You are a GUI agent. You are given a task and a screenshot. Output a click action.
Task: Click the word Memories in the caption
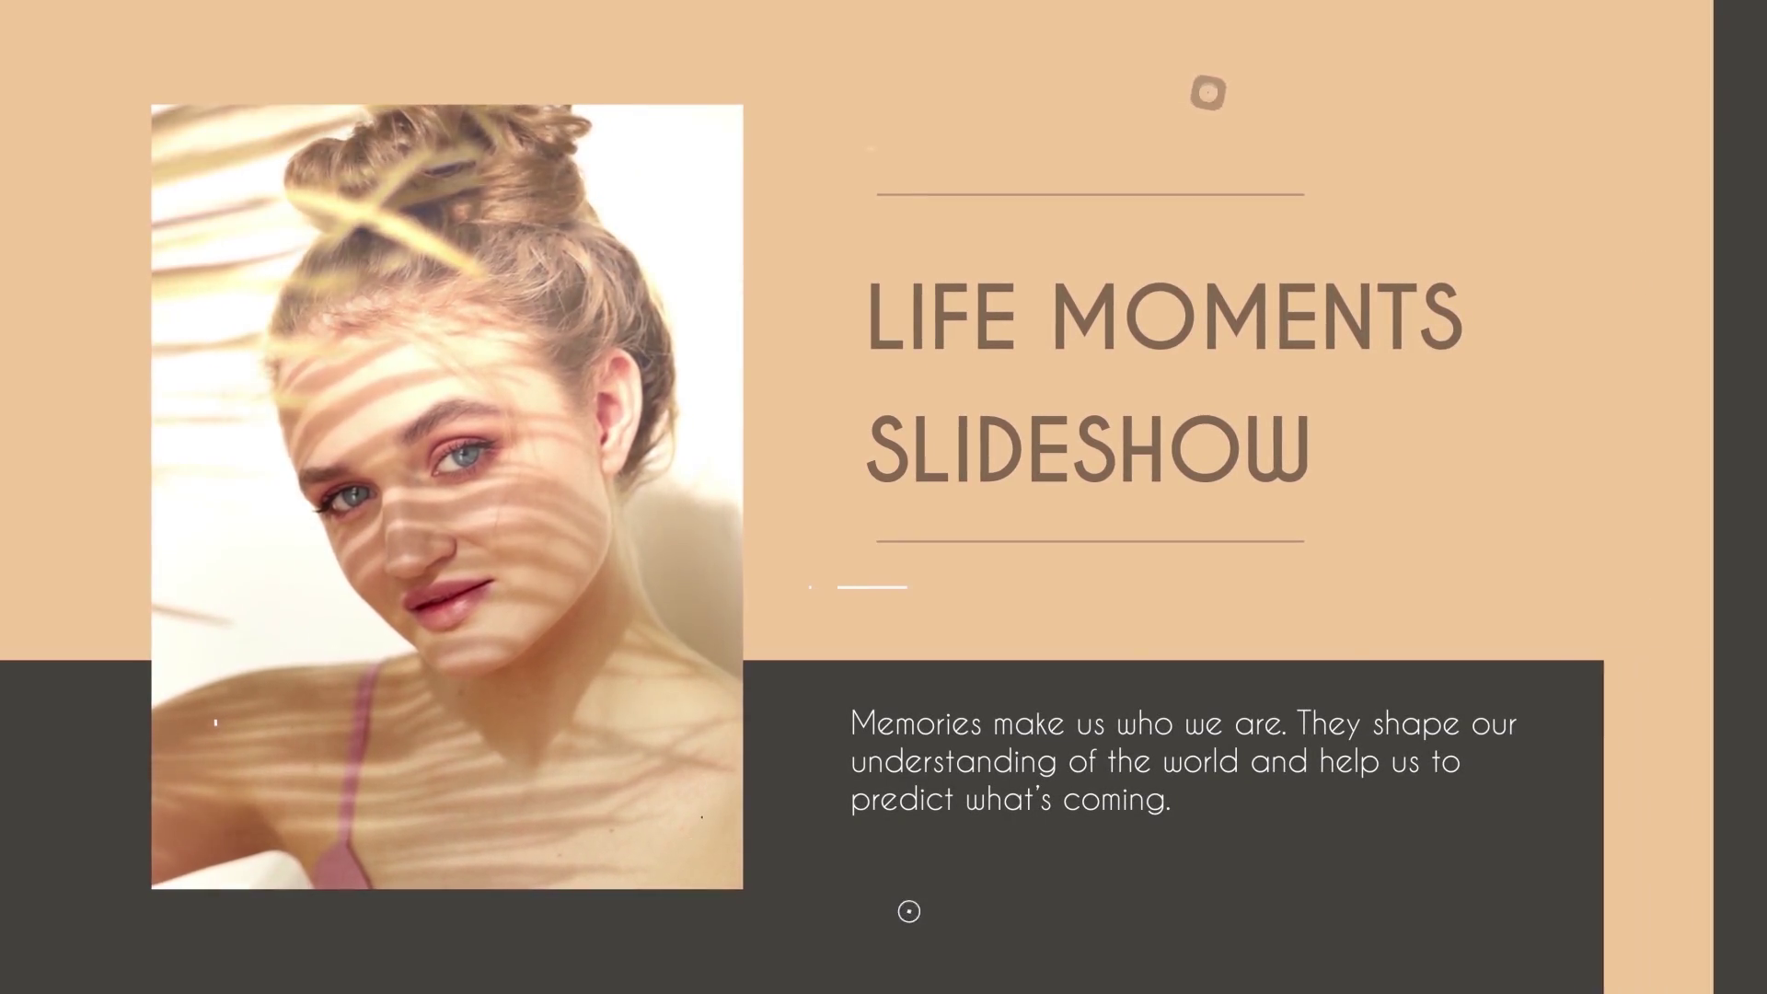[916, 723]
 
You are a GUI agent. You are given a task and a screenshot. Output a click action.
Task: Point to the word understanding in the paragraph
[953, 762]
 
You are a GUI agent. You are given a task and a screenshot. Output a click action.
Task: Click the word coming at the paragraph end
[1115, 800]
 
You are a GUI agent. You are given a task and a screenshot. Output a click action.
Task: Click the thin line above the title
[1090, 194]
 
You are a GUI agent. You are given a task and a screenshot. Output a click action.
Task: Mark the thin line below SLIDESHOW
[1090, 541]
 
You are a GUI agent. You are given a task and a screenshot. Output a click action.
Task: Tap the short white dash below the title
[872, 586]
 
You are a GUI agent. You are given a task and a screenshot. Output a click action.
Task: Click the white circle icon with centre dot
[908, 911]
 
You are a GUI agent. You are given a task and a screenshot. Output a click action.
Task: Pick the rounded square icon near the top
[1207, 93]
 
